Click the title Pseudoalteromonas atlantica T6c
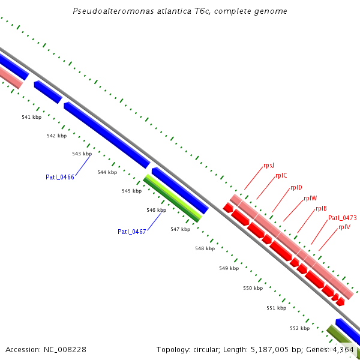(x=179, y=11)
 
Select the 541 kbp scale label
(x=31, y=117)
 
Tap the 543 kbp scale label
(x=82, y=154)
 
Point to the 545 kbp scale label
(x=131, y=191)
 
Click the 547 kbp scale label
(x=180, y=229)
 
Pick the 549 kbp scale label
(x=229, y=268)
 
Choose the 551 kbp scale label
(x=276, y=308)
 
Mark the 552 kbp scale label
(x=299, y=328)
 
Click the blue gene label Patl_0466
(x=60, y=177)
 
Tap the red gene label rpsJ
(x=269, y=165)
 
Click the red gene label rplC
(x=281, y=175)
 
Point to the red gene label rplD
(x=296, y=187)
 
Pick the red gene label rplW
(x=310, y=198)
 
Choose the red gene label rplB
(x=321, y=209)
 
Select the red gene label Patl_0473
(x=342, y=218)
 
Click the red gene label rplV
(x=344, y=227)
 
